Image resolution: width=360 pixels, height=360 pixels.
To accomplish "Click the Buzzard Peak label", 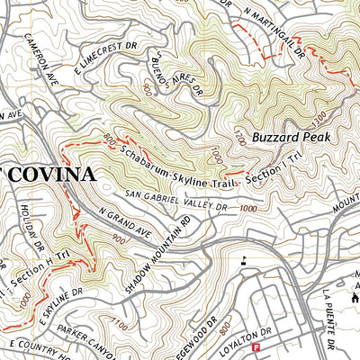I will coord(292,137).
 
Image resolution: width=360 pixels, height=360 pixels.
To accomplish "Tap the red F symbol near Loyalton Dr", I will coord(256,347).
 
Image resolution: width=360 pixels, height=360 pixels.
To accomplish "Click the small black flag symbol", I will coord(243,262).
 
